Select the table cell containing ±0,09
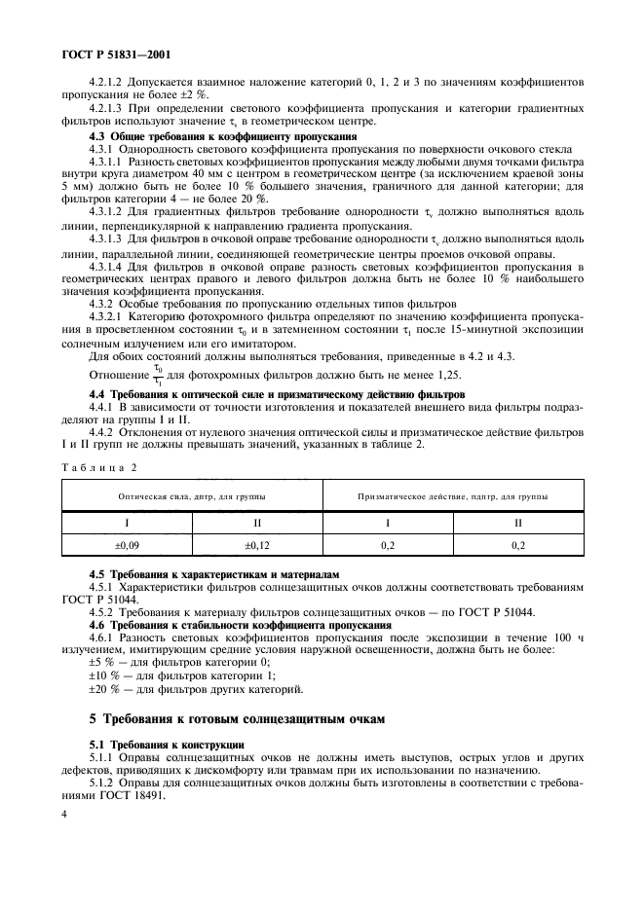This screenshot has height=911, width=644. point(127,548)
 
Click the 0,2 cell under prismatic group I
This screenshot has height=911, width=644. point(388,548)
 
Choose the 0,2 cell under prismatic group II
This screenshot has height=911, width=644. point(518,548)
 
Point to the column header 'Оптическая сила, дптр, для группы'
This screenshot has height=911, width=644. point(192,495)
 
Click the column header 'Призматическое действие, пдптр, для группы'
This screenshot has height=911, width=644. point(453,495)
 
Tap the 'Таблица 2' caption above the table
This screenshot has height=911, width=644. point(98,466)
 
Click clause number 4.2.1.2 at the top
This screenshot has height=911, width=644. point(113,84)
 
